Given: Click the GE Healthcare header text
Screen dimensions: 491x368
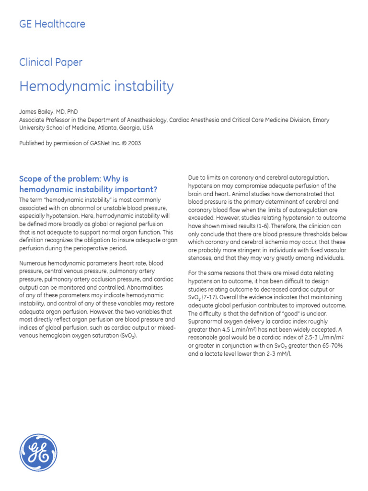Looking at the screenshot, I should tap(52, 23).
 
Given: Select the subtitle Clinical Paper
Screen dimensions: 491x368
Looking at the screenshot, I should tap(50, 62).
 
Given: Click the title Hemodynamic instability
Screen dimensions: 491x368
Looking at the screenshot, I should tap(96, 86).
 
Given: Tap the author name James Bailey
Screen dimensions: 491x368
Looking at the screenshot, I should tap(36, 112).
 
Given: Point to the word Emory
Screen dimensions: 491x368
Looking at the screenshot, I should tap(321, 120).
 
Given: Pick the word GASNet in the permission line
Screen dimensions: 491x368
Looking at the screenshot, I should tap(92, 143).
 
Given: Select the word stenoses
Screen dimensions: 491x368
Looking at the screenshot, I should tap(202, 259).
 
